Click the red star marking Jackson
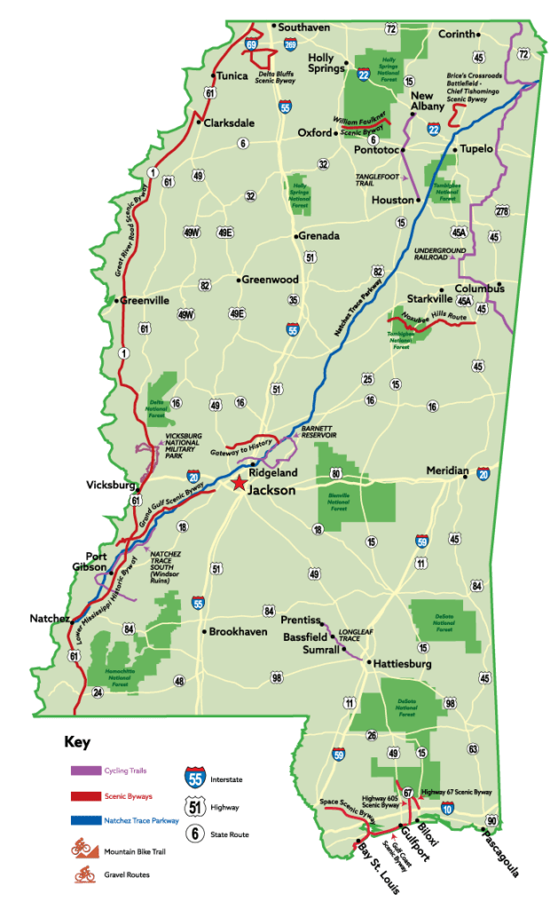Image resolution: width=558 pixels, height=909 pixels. (x=238, y=484)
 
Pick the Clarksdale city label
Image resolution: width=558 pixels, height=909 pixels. (x=229, y=123)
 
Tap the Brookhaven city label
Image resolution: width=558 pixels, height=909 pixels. (x=238, y=632)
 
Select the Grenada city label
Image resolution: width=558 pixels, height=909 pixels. (x=318, y=236)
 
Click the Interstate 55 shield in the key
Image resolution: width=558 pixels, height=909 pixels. (x=196, y=779)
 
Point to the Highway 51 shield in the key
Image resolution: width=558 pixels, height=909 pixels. (x=196, y=807)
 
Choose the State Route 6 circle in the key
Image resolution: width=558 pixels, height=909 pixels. (x=196, y=834)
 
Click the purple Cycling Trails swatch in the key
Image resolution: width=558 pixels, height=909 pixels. (x=84, y=771)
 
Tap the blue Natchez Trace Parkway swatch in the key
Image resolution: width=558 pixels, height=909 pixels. (x=84, y=821)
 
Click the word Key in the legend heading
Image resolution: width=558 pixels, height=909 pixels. (x=76, y=742)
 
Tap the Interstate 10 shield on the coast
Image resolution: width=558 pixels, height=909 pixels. (x=447, y=808)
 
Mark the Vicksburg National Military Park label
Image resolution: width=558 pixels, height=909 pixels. (x=185, y=445)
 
